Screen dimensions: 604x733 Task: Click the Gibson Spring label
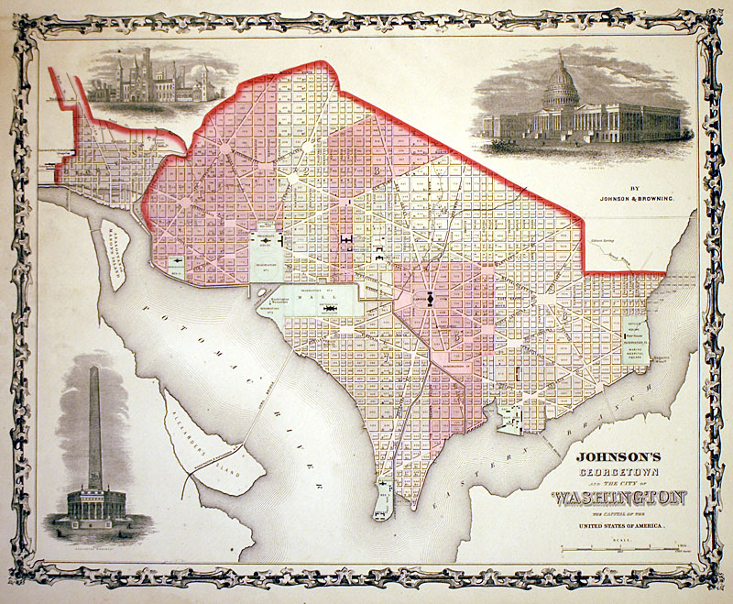(603, 241)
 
